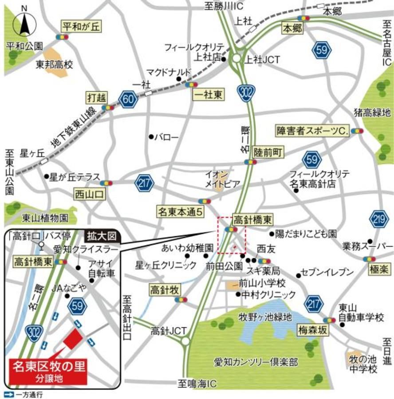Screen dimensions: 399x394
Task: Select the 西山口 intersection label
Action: (89, 193)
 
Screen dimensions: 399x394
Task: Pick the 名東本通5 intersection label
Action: (180, 211)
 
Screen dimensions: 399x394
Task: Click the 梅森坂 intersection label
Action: (313, 329)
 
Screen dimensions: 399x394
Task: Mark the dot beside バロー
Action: (151, 137)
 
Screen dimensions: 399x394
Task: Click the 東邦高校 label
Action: (54, 65)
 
